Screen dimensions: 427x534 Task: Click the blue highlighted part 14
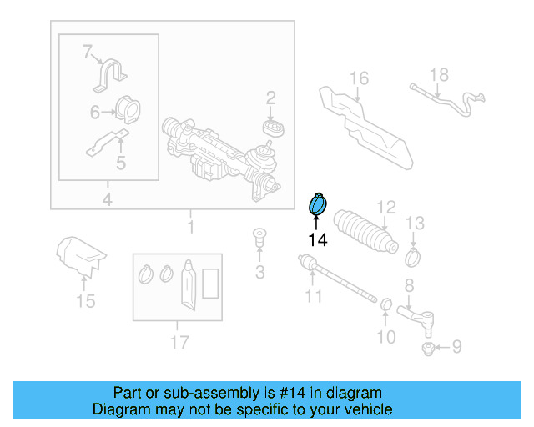[x=319, y=203]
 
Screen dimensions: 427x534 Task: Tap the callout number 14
[x=317, y=240]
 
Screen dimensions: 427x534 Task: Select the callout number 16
[x=358, y=79]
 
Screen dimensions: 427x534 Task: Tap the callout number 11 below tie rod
[x=313, y=295]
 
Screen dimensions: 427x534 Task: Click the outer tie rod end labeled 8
[x=417, y=315]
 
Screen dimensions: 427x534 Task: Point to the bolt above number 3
[x=259, y=238]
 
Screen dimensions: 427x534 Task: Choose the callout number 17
[x=179, y=341]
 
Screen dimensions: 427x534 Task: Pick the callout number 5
[x=120, y=163]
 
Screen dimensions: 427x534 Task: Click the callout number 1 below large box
[x=190, y=227]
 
